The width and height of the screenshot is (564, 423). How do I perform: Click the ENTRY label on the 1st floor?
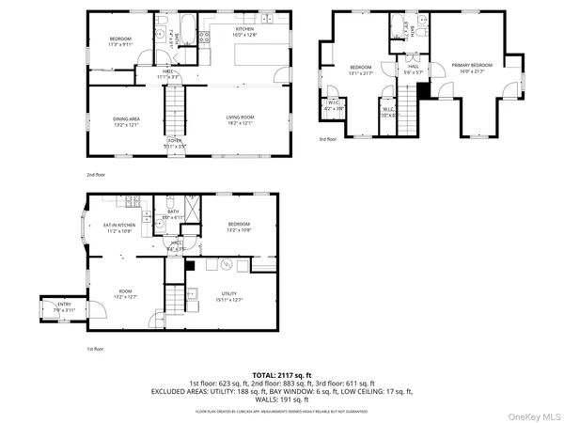click(x=64, y=305)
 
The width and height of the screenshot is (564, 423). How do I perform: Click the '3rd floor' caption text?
click(x=329, y=139)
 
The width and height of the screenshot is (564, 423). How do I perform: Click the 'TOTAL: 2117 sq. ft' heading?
click(x=281, y=375)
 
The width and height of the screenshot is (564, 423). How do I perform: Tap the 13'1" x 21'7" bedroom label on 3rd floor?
click(x=361, y=69)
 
